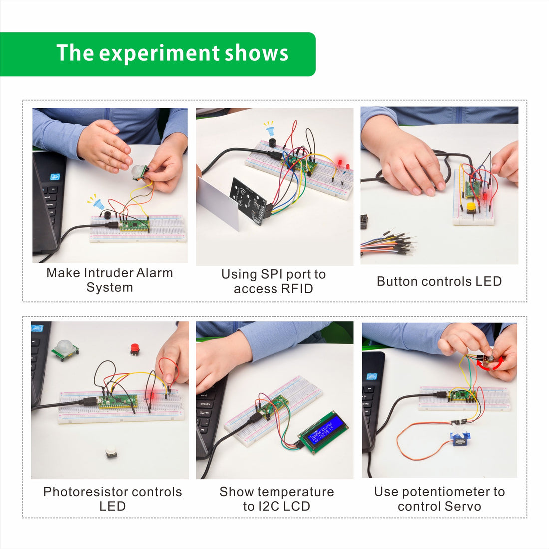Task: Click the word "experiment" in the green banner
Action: (x=159, y=53)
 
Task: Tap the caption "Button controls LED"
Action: (x=439, y=281)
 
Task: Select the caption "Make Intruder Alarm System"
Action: (x=110, y=280)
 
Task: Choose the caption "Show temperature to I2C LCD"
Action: (x=276, y=499)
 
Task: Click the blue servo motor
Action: (x=458, y=438)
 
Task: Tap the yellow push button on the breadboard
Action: (x=470, y=207)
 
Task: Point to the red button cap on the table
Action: (x=135, y=348)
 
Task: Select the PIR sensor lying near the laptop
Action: (x=64, y=349)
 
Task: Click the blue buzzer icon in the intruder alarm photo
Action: (x=98, y=203)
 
